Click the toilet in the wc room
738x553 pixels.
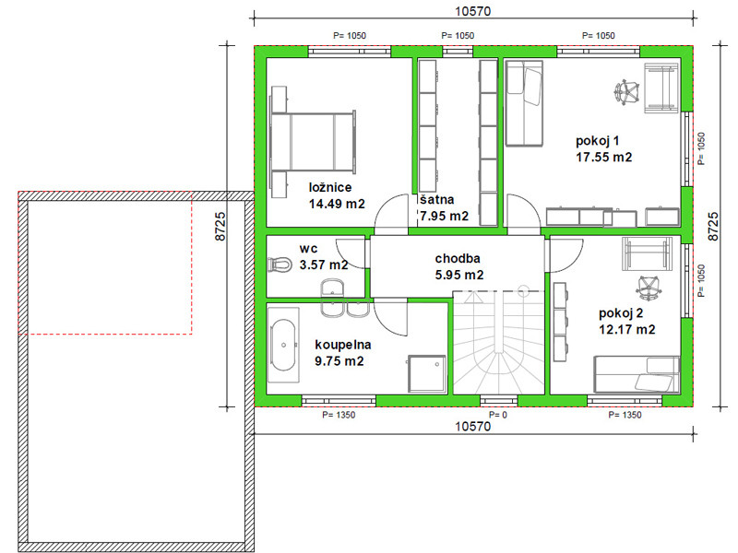coord(280,265)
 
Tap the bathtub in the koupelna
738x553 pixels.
coord(283,346)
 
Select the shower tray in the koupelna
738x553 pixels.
coord(427,373)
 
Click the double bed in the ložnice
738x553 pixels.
coord(313,141)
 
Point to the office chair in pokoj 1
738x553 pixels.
coord(627,91)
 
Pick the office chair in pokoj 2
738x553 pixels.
coord(649,288)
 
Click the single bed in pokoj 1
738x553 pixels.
coord(524,103)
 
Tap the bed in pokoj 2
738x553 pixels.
coord(637,374)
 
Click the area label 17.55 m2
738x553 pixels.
coord(604,157)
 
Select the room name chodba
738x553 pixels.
coord(458,258)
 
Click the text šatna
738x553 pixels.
coord(437,199)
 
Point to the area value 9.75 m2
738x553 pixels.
coord(339,361)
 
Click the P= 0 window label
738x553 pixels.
coord(498,415)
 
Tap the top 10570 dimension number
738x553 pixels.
coord(473,11)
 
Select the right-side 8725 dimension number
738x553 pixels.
coord(713,227)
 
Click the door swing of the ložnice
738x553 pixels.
coord(391,215)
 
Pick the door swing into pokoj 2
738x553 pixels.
coord(565,255)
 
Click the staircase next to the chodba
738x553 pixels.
coord(498,342)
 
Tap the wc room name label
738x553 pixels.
coord(308,248)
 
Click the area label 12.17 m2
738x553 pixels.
coord(627,329)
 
